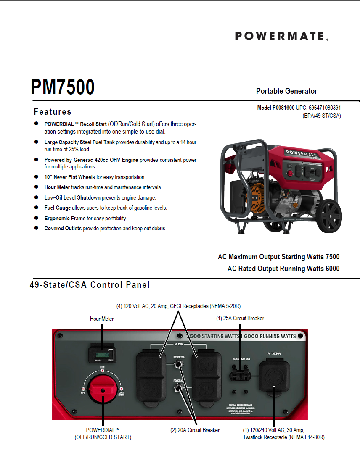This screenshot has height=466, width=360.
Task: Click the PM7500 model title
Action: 63,87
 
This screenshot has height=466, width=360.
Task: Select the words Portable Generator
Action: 286,91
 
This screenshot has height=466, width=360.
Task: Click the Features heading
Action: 53,112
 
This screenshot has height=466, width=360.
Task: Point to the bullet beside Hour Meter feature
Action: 36,187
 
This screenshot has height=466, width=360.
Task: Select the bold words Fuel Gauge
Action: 58,208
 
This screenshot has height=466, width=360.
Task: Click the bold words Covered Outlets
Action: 63,229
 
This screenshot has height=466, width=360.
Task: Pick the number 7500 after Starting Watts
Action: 331,257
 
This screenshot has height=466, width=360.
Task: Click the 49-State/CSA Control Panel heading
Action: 90,285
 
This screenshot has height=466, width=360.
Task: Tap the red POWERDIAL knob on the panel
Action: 102,387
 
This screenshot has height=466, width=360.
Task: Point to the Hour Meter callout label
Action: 102,319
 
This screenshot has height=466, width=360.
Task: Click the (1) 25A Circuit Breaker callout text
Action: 240,319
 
